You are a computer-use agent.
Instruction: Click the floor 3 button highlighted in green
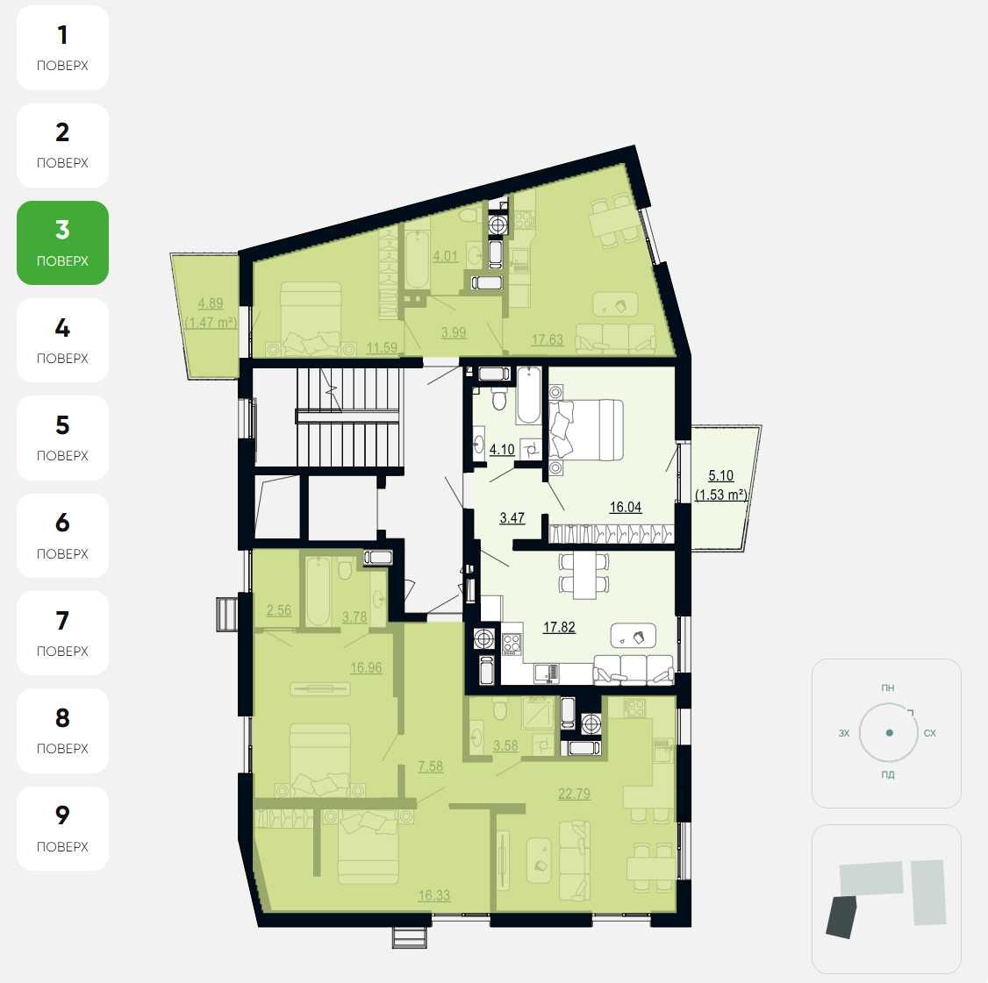click(x=62, y=242)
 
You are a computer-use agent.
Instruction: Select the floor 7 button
click(x=62, y=633)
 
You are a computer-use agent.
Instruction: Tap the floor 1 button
click(x=62, y=48)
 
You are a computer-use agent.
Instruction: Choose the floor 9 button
click(x=62, y=828)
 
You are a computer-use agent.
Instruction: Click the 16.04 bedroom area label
click(x=626, y=507)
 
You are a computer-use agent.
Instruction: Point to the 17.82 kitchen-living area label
click(x=559, y=627)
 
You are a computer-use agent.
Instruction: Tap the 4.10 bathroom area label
click(x=502, y=450)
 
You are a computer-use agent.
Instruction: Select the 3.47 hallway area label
click(x=512, y=517)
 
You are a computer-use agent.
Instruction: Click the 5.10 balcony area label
click(x=721, y=475)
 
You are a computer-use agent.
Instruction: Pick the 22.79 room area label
click(x=574, y=794)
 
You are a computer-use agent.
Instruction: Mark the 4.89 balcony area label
click(x=211, y=303)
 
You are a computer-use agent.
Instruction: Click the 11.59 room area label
click(x=382, y=347)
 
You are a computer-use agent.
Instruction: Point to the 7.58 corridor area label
click(x=430, y=766)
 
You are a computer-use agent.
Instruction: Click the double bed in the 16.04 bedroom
click(x=586, y=430)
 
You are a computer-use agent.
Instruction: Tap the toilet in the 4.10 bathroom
click(x=499, y=398)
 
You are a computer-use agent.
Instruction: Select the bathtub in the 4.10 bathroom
click(x=528, y=395)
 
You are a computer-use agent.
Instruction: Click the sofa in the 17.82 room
click(x=634, y=669)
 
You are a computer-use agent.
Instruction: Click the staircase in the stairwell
click(x=347, y=417)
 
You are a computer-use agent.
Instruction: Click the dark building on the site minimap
click(x=840, y=917)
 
